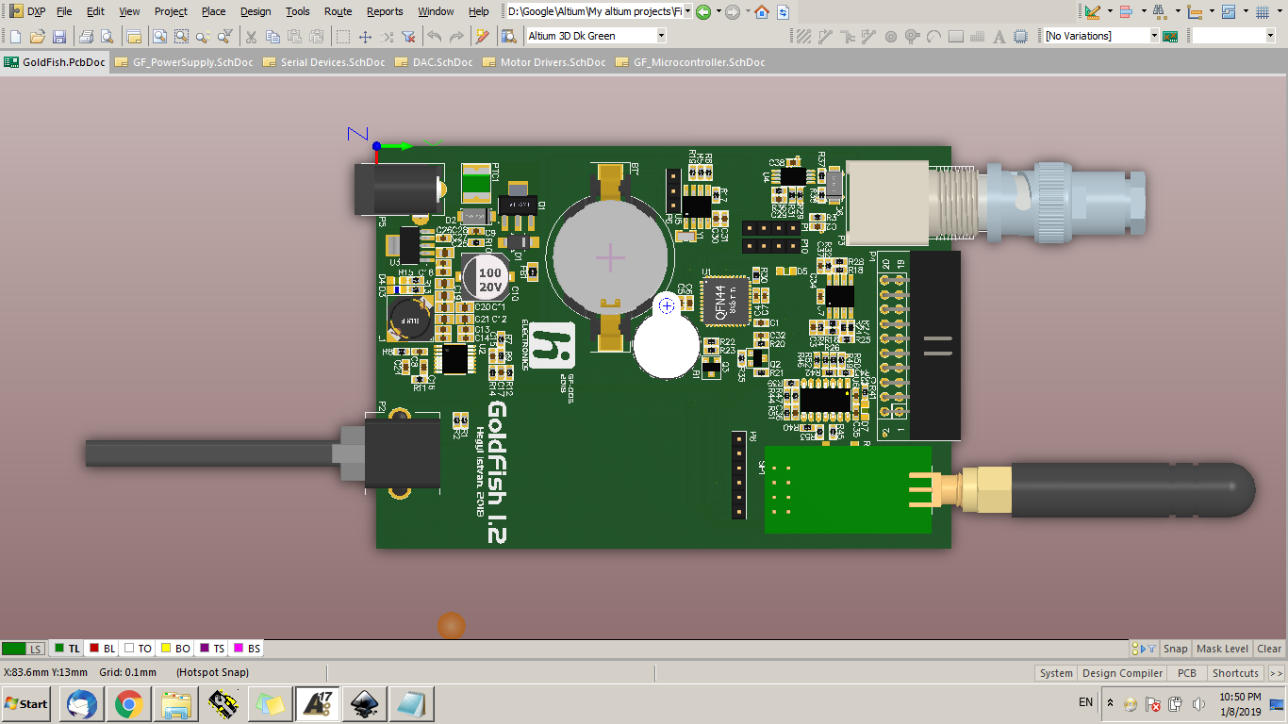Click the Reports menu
[385, 11]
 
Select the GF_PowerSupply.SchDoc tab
[185, 62]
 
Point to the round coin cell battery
[610, 257]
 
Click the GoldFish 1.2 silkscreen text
[497, 471]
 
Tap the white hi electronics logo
[552, 345]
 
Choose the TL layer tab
[67, 649]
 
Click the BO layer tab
[176, 649]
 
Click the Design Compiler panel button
[1122, 673]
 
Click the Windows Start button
[26, 703]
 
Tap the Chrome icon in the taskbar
[129, 703]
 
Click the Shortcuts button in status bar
[1235, 673]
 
